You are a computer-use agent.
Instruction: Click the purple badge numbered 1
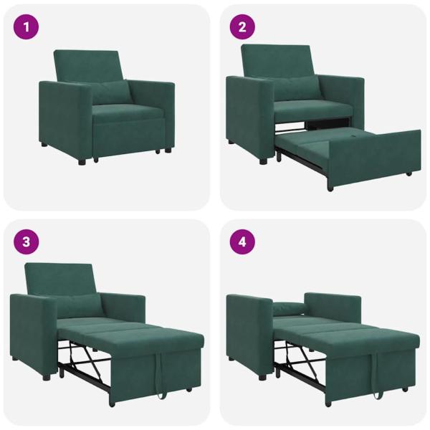[27, 28]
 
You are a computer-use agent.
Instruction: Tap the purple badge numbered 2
[242, 28]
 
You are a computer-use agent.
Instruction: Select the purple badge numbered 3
[27, 242]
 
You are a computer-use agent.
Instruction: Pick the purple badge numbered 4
[242, 242]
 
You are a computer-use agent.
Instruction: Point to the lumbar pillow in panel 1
[108, 92]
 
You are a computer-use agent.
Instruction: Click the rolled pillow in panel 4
[288, 309]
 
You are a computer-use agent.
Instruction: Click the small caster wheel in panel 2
[409, 173]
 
